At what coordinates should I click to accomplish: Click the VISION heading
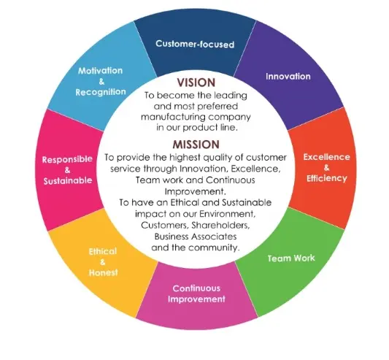pos(196,83)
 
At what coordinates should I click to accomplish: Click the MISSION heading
pos(196,145)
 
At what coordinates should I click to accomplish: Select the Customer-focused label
pos(195,44)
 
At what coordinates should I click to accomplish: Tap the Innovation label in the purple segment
pos(288,76)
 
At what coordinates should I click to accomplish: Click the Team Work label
pos(291,258)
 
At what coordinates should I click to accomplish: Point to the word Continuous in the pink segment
pos(196,288)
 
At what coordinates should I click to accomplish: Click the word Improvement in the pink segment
pos(196,299)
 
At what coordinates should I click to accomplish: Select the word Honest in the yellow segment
pos(103,272)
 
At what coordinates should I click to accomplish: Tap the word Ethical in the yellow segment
pos(103,251)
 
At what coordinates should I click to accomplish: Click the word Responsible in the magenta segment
pos(67,159)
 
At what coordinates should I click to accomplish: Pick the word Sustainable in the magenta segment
pos(68,180)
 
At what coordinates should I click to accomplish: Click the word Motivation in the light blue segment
pos(100,71)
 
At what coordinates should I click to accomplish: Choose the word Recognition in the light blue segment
pos(101,92)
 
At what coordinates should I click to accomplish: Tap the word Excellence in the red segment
pos(326,157)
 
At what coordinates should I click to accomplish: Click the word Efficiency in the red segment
pos(327,178)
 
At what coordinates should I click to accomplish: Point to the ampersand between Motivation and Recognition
pos(101,82)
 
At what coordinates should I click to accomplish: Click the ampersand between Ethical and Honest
pos(103,262)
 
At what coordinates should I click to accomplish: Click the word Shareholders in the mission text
pos(220,225)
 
